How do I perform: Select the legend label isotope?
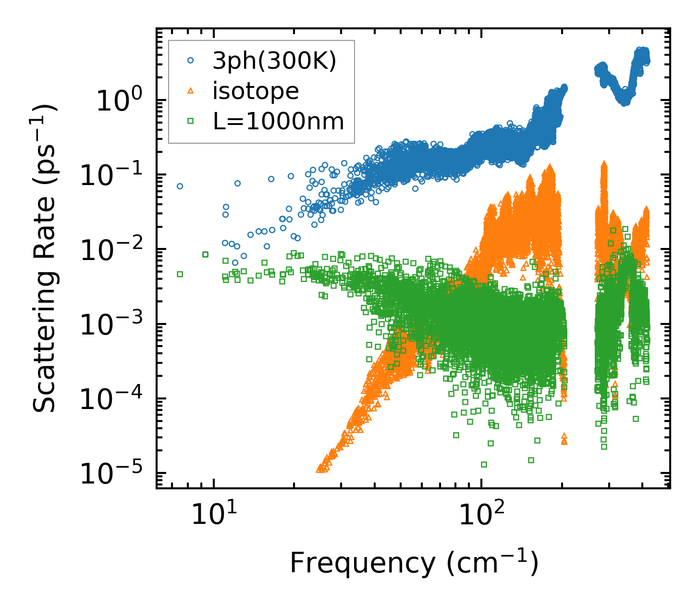tap(256, 91)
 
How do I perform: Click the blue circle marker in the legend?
tap(191, 61)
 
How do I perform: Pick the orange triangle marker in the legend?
tap(191, 91)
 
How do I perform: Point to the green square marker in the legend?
tap(191, 121)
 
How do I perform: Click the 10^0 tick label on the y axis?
tap(124, 101)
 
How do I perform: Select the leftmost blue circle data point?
tap(180, 186)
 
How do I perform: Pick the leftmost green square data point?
tap(180, 274)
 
